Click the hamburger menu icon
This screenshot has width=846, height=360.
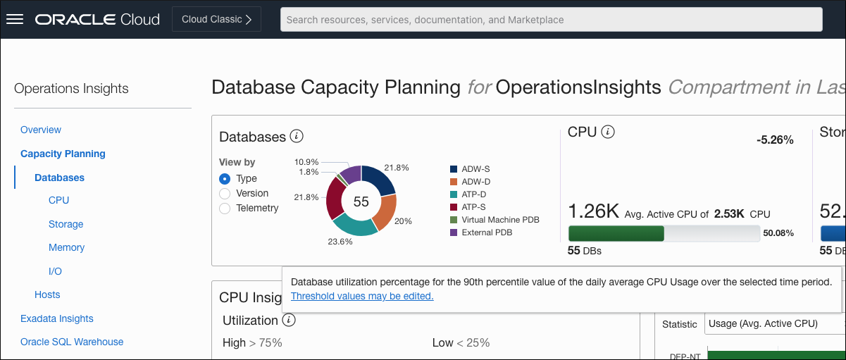[x=15, y=19]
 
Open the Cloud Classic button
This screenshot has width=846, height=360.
[x=216, y=19]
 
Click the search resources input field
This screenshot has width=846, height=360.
[x=551, y=20]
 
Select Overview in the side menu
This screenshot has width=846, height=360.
[x=41, y=130]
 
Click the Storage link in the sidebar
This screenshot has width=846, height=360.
[x=66, y=224]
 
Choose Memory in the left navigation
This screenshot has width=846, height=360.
[x=66, y=247]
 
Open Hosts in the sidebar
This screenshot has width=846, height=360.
[x=47, y=294]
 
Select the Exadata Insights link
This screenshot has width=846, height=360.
[x=57, y=318]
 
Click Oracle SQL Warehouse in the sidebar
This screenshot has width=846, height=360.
[x=72, y=342]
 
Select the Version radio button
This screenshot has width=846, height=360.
[x=225, y=194]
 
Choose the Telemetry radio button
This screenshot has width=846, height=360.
[x=225, y=209]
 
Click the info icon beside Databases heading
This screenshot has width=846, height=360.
[x=297, y=136]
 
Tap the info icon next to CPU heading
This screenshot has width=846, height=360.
[x=609, y=132]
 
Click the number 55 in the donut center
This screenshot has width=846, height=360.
[x=361, y=201]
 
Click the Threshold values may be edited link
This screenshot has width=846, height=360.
[x=362, y=296]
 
